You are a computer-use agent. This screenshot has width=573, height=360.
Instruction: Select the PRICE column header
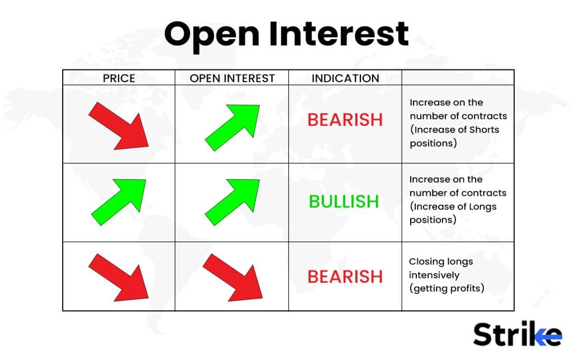(119, 78)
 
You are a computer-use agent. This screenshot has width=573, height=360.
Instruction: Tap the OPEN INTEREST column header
(232, 78)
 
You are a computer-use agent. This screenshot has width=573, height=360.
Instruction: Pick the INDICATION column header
(345, 78)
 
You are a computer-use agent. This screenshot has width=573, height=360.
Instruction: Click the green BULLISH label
(344, 202)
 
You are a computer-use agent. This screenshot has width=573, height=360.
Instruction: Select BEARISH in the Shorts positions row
(345, 120)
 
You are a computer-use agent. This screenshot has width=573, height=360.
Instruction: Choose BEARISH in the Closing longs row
(345, 277)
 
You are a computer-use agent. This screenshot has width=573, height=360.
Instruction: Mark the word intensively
(434, 275)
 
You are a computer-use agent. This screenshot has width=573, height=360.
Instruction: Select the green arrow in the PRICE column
(119, 202)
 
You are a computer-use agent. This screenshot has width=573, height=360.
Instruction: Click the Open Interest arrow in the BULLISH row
(232, 202)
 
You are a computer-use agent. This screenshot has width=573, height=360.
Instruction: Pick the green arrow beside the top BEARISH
(232, 127)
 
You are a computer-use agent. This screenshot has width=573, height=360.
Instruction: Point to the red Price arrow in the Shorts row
(119, 125)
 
